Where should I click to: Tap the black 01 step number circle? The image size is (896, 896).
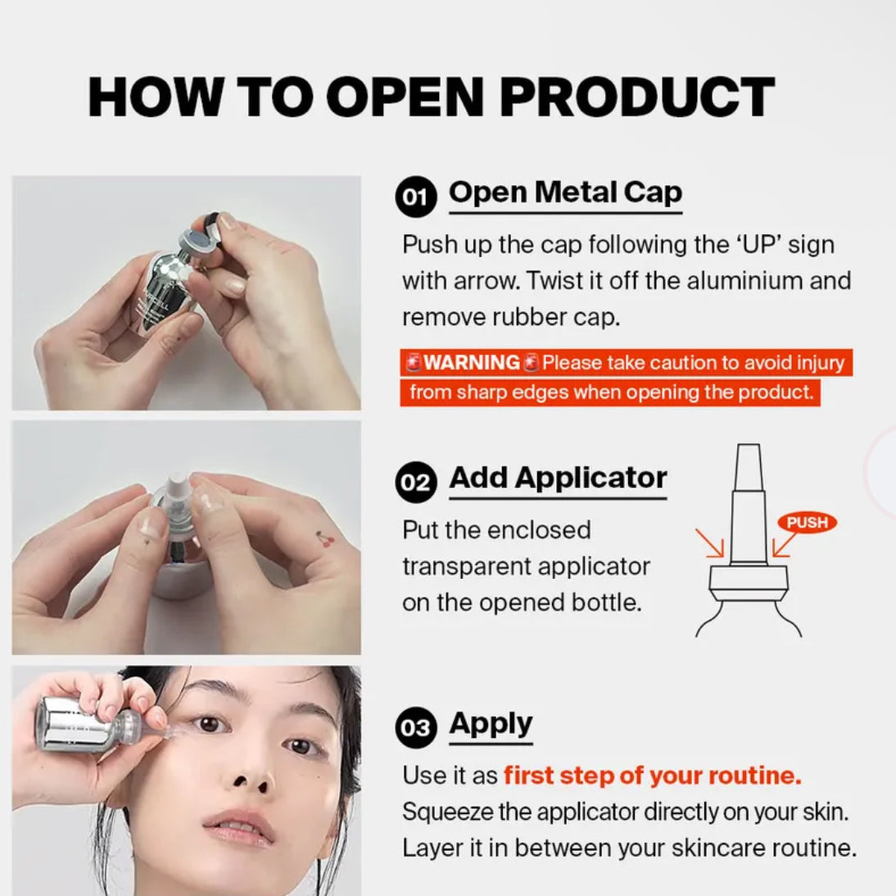click(415, 197)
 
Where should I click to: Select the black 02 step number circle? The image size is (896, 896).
click(415, 482)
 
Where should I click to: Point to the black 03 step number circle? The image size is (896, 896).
click(415, 727)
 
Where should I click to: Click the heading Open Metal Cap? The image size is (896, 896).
click(565, 192)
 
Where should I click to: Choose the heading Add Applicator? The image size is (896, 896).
click(558, 477)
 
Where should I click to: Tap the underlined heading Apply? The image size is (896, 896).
click(491, 725)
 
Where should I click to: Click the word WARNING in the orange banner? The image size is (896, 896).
click(472, 362)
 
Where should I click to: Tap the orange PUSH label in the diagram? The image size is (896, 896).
click(807, 523)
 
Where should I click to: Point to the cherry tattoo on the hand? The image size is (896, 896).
click(325, 538)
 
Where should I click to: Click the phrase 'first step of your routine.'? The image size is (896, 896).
click(652, 776)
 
